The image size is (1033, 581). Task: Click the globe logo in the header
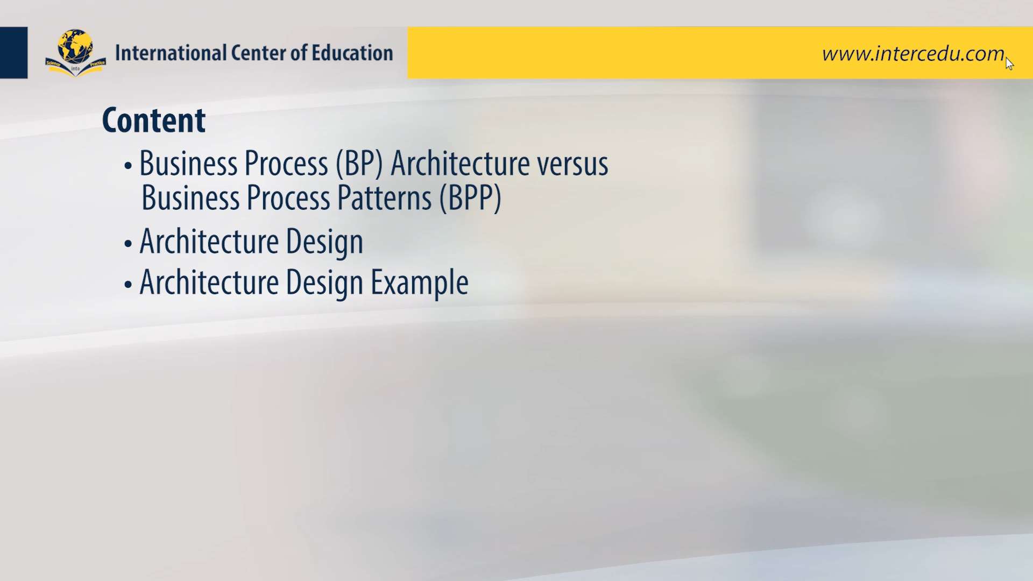[75, 53]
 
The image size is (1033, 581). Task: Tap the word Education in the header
[352, 53]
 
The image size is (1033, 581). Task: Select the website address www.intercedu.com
[913, 54]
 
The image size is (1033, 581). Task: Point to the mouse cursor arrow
[1009, 63]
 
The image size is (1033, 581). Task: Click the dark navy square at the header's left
[13, 53]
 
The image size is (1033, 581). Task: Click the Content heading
[154, 120]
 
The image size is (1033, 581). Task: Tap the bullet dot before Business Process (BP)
[128, 166]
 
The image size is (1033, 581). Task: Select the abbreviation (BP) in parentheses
[359, 164]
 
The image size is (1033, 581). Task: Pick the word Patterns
[384, 198]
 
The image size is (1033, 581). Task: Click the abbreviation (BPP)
[470, 199]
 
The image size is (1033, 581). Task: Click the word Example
[420, 282]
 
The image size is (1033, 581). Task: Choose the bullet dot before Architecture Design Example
[128, 285]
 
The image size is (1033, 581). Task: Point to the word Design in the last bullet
[324, 282]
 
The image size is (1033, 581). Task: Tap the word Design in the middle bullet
[324, 242]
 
